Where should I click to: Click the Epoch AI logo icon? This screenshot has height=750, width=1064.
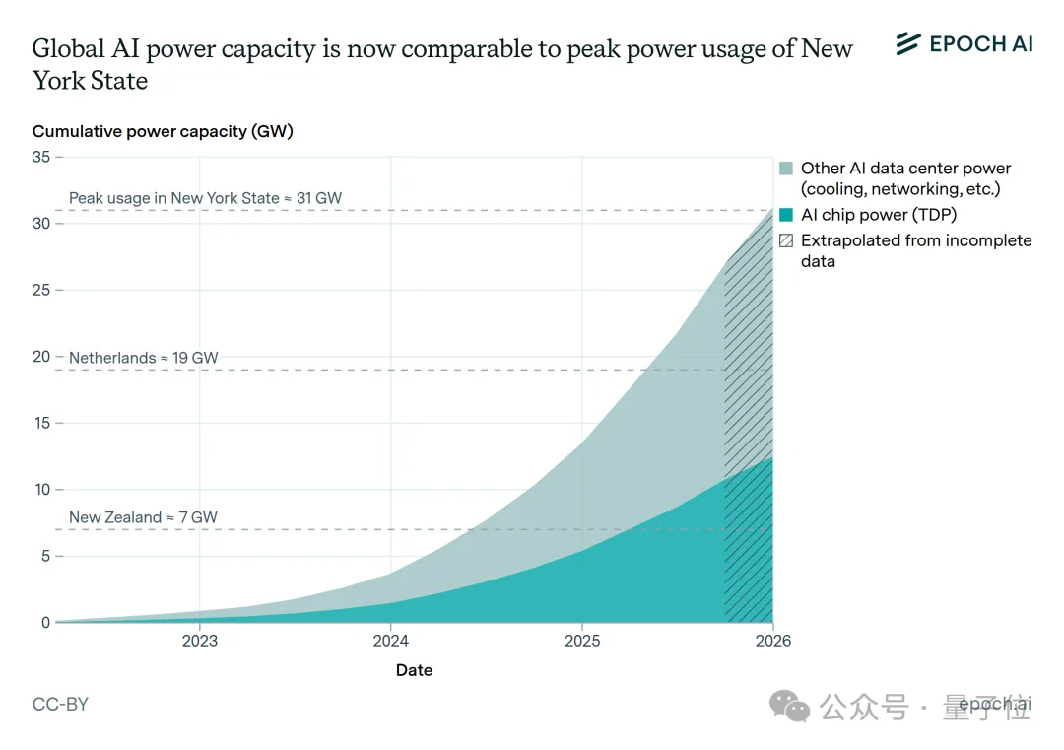click(x=907, y=43)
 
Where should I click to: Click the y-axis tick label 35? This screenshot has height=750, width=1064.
click(x=40, y=157)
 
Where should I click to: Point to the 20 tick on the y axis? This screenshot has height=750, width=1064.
click(x=40, y=357)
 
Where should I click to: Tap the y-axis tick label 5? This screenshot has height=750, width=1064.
click(x=45, y=556)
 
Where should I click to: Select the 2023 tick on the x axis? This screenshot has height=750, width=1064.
click(x=200, y=641)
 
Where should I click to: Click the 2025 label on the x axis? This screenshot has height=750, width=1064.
click(x=581, y=641)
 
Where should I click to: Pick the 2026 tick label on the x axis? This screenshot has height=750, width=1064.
click(x=772, y=641)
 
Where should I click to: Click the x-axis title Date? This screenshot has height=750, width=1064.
click(x=414, y=670)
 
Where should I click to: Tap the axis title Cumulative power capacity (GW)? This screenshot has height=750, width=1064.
click(x=163, y=131)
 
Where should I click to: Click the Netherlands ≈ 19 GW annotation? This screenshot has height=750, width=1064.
click(x=144, y=358)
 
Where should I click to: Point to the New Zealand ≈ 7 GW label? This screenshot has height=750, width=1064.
click(x=143, y=517)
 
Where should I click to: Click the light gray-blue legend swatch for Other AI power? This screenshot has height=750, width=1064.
click(x=785, y=169)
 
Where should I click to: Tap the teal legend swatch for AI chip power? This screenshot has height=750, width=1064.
click(x=785, y=215)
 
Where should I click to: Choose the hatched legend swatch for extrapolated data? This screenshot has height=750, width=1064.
click(x=785, y=240)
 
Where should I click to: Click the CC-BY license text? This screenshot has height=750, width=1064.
click(x=60, y=705)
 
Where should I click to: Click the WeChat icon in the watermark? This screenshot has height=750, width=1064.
click(x=791, y=705)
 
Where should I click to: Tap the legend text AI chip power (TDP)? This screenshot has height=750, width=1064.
click(x=879, y=215)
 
